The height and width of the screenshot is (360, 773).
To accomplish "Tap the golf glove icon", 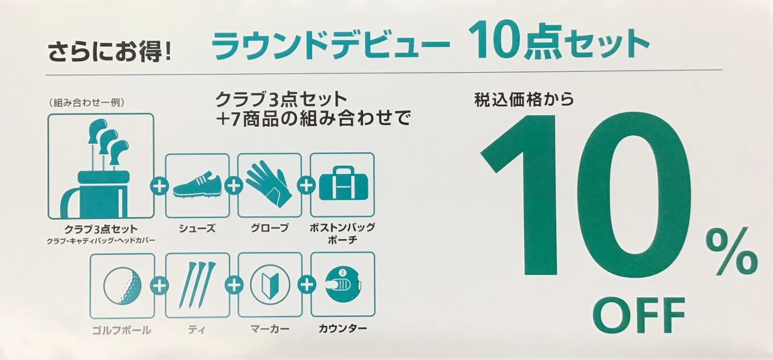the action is tap(269, 184).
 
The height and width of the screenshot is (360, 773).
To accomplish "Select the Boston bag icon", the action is tap(343, 183).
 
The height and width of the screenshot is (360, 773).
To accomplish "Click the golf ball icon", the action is tap(122, 286).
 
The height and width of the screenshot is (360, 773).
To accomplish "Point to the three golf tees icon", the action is tap(197, 285).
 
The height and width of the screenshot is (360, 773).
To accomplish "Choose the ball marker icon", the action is tap(270, 284).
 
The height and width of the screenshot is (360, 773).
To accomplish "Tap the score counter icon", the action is tap(343, 285).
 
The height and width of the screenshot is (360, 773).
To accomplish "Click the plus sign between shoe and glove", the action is tap(234, 186).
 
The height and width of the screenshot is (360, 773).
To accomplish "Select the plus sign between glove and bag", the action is tap(306, 185).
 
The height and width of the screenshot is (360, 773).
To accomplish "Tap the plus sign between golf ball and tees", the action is tap(159, 286).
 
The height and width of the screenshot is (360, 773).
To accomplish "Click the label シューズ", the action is tap(197, 228).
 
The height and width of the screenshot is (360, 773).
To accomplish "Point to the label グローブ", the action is tap(269, 228).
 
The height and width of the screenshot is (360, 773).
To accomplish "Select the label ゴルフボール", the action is tap(121, 330).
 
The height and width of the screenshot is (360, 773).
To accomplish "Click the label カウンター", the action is tap(342, 329).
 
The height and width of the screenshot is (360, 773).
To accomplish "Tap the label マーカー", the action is tap(270, 329).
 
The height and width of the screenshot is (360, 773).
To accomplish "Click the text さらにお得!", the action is tap(109, 52).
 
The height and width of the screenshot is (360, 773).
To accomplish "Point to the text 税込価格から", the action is tap(524, 100).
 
